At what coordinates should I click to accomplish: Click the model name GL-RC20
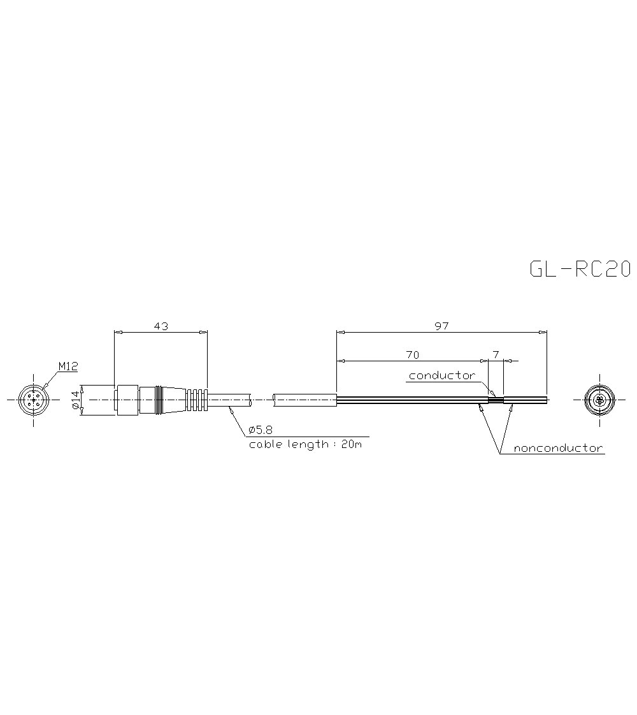click(579, 270)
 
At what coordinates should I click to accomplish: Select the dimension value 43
click(161, 326)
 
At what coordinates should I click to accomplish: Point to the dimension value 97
click(441, 326)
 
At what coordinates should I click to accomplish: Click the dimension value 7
click(496, 354)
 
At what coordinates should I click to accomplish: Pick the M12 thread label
click(68, 366)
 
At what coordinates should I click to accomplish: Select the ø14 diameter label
click(75, 400)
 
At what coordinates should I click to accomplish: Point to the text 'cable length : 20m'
click(305, 444)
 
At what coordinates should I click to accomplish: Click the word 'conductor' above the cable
click(441, 375)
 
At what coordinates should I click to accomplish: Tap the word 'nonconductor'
click(558, 448)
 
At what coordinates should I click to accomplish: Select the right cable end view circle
click(599, 400)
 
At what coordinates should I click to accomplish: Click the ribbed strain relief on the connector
click(197, 400)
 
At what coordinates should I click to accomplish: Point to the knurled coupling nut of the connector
click(127, 400)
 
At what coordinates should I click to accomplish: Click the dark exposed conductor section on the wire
click(496, 400)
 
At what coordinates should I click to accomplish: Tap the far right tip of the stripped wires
click(546, 400)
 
